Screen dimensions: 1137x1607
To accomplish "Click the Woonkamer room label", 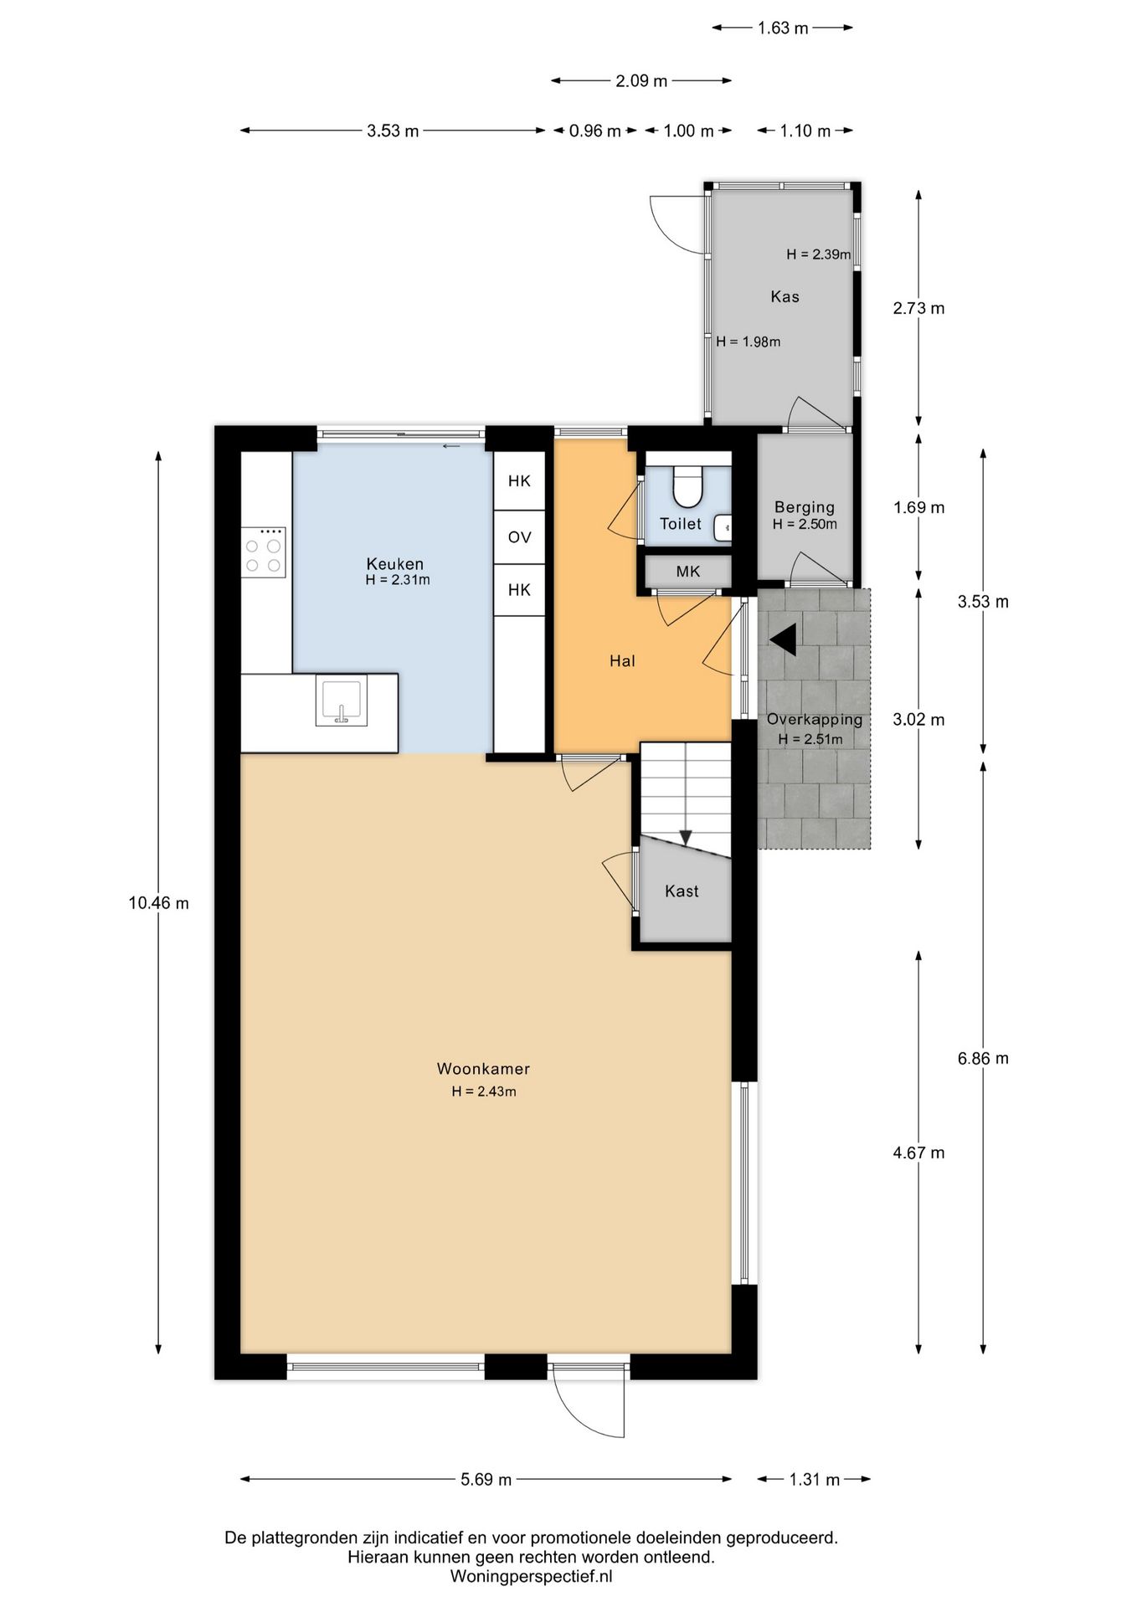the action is point(483,1069).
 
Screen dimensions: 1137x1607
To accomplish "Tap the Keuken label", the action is point(395,564).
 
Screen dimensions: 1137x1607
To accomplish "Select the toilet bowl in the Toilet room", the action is point(688,489).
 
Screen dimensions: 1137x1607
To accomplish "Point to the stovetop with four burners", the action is point(264,552).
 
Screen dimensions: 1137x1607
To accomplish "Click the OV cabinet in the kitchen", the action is point(519,537).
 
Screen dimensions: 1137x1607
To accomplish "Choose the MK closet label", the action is point(688,572).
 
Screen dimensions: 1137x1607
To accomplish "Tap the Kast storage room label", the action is point(682,891).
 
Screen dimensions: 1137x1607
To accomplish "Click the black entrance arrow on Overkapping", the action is point(783,639).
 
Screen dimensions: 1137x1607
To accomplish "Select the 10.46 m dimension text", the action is point(158,903).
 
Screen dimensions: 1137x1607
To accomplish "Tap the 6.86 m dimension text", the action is point(983,1059).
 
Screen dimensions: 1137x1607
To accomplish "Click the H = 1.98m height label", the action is point(748,341).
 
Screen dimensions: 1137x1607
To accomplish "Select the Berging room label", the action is point(805,507).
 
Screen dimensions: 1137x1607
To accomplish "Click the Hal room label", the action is point(622,661).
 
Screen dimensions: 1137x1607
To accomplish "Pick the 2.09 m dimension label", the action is point(641,81).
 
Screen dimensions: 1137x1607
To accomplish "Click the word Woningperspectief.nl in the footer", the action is point(532,1576).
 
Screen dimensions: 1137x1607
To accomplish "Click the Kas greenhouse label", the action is point(785,296).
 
